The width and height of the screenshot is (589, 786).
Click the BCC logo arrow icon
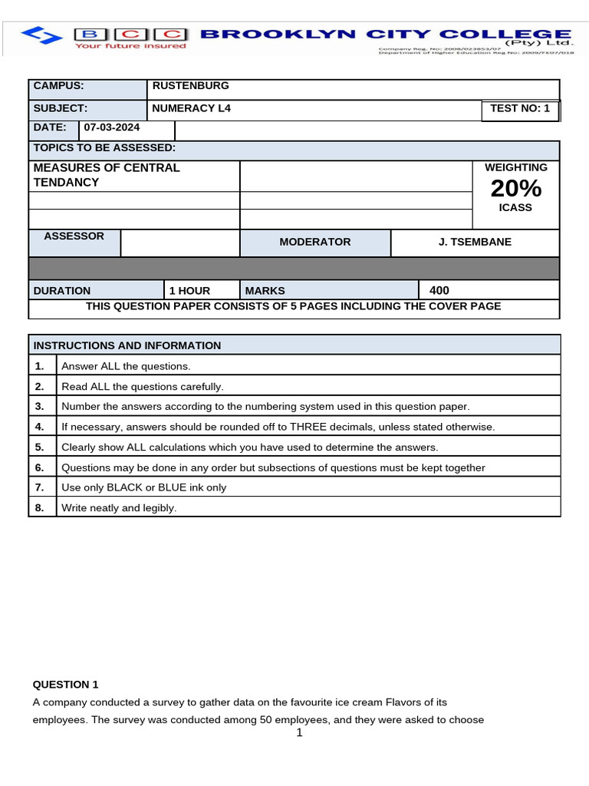click(x=43, y=35)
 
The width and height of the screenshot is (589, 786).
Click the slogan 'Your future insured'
click(x=130, y=46)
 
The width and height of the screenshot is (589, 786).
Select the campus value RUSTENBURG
click(x=190, y=86)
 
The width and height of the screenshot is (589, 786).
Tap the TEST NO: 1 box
click(x=520, y=108)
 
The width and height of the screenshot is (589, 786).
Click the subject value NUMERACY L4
click(x=191, y=108)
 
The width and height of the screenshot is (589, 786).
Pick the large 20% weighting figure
click(x=515, y=188)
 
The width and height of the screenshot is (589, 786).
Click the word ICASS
click(x=515, y=208)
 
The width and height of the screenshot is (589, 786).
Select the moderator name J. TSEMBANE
click(x=475, y=242)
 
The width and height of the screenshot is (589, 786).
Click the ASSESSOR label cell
click(x=74, y=236)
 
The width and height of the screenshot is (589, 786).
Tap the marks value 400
click(x=439, y=290)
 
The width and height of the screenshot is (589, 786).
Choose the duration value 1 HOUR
click(x=189, y=291)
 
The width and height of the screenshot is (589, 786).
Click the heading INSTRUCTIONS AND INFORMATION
click(x=127, y=345)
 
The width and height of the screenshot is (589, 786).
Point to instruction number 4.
click(x=39, y=427)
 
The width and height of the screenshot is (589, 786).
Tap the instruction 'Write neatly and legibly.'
click(x=119, y=507)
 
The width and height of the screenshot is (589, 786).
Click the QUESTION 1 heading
click(x=66, y=684)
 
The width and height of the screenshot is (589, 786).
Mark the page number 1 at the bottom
click(x=299, y=733)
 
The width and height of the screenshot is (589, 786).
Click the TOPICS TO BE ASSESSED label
click(x=104, y=147)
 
